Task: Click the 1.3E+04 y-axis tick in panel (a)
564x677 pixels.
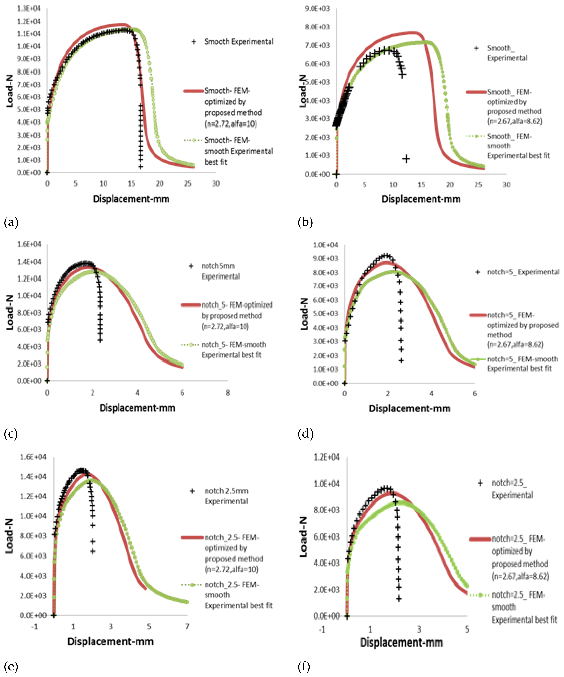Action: (29, 8)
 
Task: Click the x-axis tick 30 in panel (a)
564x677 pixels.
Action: (216, 184)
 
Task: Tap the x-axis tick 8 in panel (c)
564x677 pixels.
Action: (227, 393)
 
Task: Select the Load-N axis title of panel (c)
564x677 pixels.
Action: (10, 312)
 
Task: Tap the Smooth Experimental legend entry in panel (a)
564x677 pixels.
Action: (239, 42)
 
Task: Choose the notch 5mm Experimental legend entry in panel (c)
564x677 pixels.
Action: (220, 271)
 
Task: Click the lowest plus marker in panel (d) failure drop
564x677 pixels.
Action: (401, 360)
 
